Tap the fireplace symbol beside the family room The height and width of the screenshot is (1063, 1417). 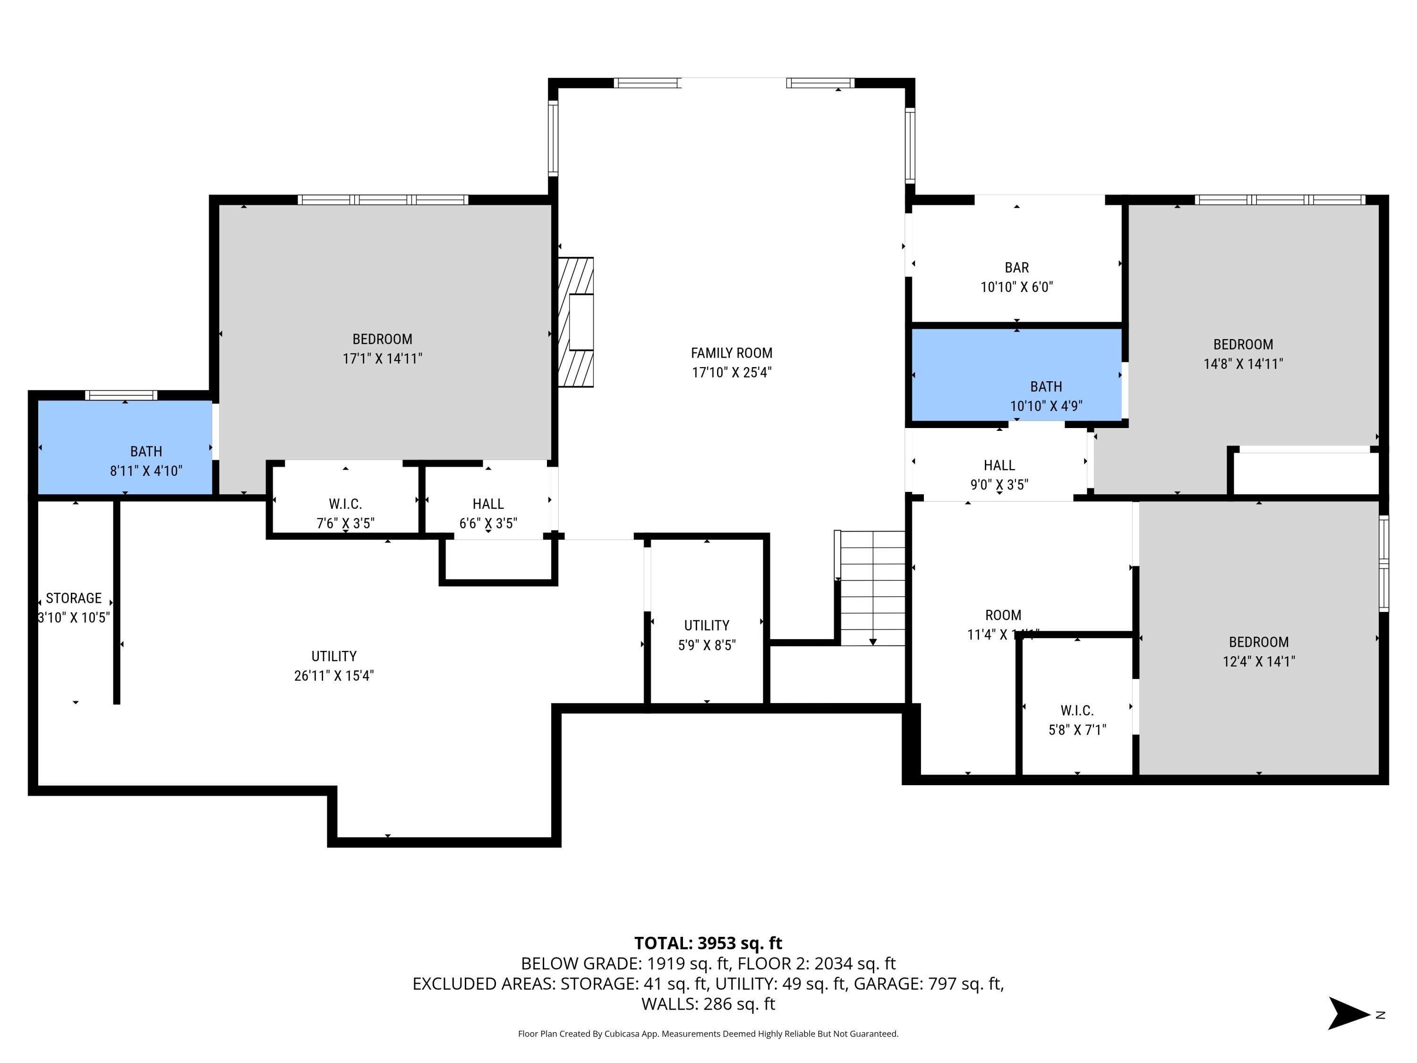point(576,322)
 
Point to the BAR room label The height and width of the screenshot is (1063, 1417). point(1016,268)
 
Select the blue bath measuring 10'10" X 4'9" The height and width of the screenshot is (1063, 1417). point(1016,375)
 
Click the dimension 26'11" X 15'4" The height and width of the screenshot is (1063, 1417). point(334,675)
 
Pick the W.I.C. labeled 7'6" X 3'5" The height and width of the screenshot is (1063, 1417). point(345,504)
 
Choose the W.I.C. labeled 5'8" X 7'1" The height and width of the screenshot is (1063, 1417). point(1077,711)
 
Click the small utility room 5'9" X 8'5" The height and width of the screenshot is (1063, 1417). point(707,626)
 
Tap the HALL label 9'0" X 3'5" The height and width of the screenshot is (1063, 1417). point(999,466)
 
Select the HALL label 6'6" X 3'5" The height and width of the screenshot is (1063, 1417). point(487,504)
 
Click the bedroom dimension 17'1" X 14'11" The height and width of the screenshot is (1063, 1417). point(383,359)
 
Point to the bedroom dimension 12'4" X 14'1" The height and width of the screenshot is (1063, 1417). point(1258,661)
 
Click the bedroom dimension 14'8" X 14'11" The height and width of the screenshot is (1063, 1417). point(1243,364)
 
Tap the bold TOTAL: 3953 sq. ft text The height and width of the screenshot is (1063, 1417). point(708,943)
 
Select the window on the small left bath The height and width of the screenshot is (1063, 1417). point(121,395)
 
